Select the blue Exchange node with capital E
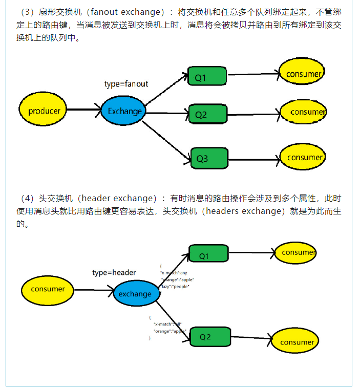(124, 111)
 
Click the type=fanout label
(126, 84)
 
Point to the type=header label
(114, 272)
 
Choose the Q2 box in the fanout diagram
(207, 114)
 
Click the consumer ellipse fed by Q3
(303, 157)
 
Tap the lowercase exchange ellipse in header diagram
(135, 294)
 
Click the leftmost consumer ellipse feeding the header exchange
(48, 289)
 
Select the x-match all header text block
(168, 327)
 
